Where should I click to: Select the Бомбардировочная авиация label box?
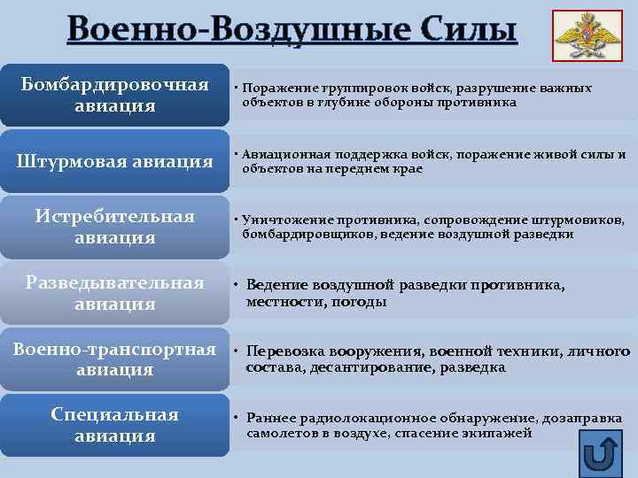point(114,95)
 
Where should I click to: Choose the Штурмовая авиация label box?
point(114,161)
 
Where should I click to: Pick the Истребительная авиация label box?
point(114,227)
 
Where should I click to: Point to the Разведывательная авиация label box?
point(114,293)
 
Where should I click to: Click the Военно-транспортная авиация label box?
point(114,358)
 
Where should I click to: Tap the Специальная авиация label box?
point(114,425)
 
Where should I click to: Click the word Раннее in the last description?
point(268,417)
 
